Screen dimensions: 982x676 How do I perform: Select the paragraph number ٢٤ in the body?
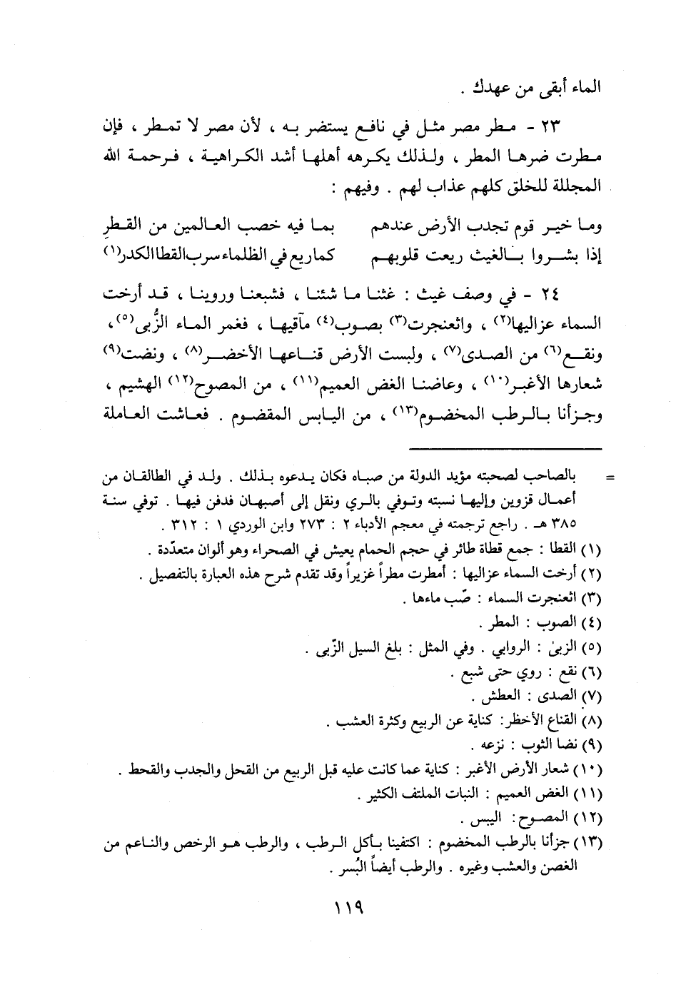coord(590,294)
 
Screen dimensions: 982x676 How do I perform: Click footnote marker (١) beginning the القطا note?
coord(590,550)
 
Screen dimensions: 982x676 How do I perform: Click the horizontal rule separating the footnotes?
coord(506,449)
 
